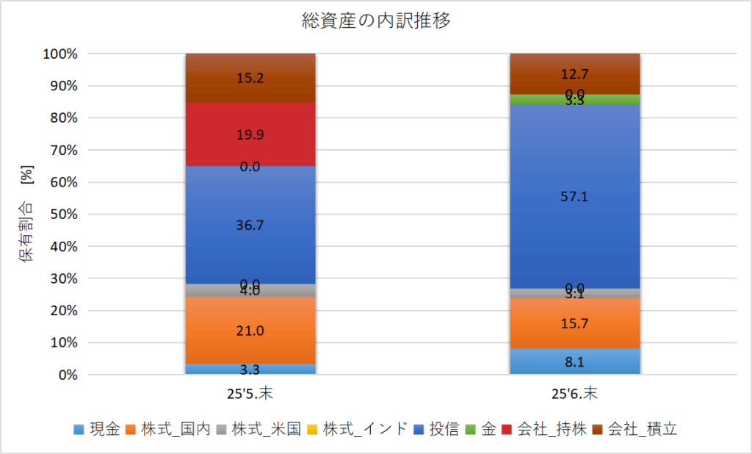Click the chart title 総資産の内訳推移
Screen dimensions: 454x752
click(x=376, y=21)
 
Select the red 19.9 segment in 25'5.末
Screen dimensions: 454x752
click(x=250, y=134)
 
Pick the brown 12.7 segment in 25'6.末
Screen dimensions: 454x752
click(x=575, y=73)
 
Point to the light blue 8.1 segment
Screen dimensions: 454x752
click(x=575, y=361)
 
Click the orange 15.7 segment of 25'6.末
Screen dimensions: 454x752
click(x=575, y=323)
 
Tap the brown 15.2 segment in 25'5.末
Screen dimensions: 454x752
click(x=250, y=77)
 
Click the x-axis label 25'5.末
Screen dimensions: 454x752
click(x=250, y=394)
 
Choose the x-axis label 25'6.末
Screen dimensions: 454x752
click(x=575, y=394)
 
